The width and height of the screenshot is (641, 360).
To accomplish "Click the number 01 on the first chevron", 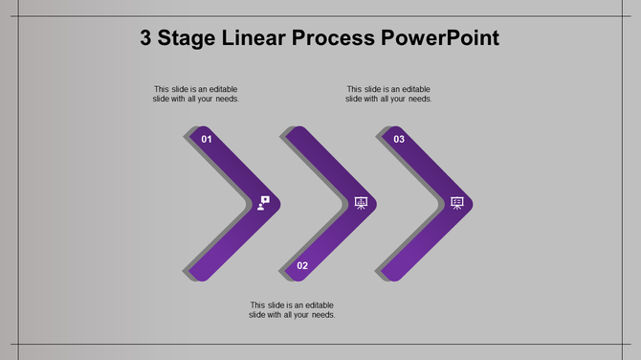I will pyautogui.click(x=206, y=139).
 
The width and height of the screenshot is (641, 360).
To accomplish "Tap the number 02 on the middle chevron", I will pyautogui.click(x=302, y=265).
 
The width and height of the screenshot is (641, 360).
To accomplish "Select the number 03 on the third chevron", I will pyautogui.click(x=399, y=139).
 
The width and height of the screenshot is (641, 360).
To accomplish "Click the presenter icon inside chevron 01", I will pyautogui.click(x=264, y=202).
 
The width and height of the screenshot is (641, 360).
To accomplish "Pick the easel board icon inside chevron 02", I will pyautogui.click(x=361, y=202).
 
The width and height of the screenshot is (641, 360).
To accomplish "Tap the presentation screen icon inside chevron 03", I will pyautogui.click(x=457, y=202).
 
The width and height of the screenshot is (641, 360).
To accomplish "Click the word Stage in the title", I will pyautogui.click(x=191, y=39).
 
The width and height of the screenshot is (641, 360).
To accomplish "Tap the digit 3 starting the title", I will pyautogui.click(x=146, y=39).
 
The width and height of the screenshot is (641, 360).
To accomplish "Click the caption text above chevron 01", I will pyautogui.click(x=196, y=94).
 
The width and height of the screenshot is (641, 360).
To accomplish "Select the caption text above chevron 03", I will pyautogui.click(x=388, y=94).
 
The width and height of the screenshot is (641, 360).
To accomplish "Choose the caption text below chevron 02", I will pyautogui.click(x=292, y=309).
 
